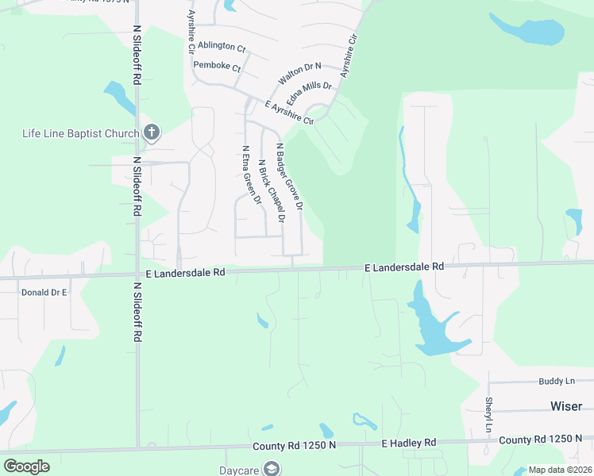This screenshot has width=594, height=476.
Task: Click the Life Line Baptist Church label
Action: point(80,132)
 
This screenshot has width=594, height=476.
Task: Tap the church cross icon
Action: point(152,132)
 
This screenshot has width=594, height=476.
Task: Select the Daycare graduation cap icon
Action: point(272,469)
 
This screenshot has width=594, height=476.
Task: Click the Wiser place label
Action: point(566,405)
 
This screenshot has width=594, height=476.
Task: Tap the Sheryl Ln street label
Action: point(489,415)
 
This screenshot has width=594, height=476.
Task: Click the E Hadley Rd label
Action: point(409,442)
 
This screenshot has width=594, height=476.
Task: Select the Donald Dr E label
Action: point(44,292)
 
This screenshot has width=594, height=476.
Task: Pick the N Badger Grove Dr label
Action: point(289,177)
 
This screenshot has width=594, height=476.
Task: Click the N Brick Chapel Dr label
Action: point(271,190)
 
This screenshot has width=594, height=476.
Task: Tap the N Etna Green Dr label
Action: point(252,175)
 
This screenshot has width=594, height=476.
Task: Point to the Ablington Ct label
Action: point(222,46)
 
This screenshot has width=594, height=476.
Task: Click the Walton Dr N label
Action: point(299,75)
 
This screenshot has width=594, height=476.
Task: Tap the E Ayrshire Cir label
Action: point(289,113)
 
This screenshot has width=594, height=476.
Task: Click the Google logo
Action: point(27,466)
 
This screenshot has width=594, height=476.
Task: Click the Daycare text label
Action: point(240,469)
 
